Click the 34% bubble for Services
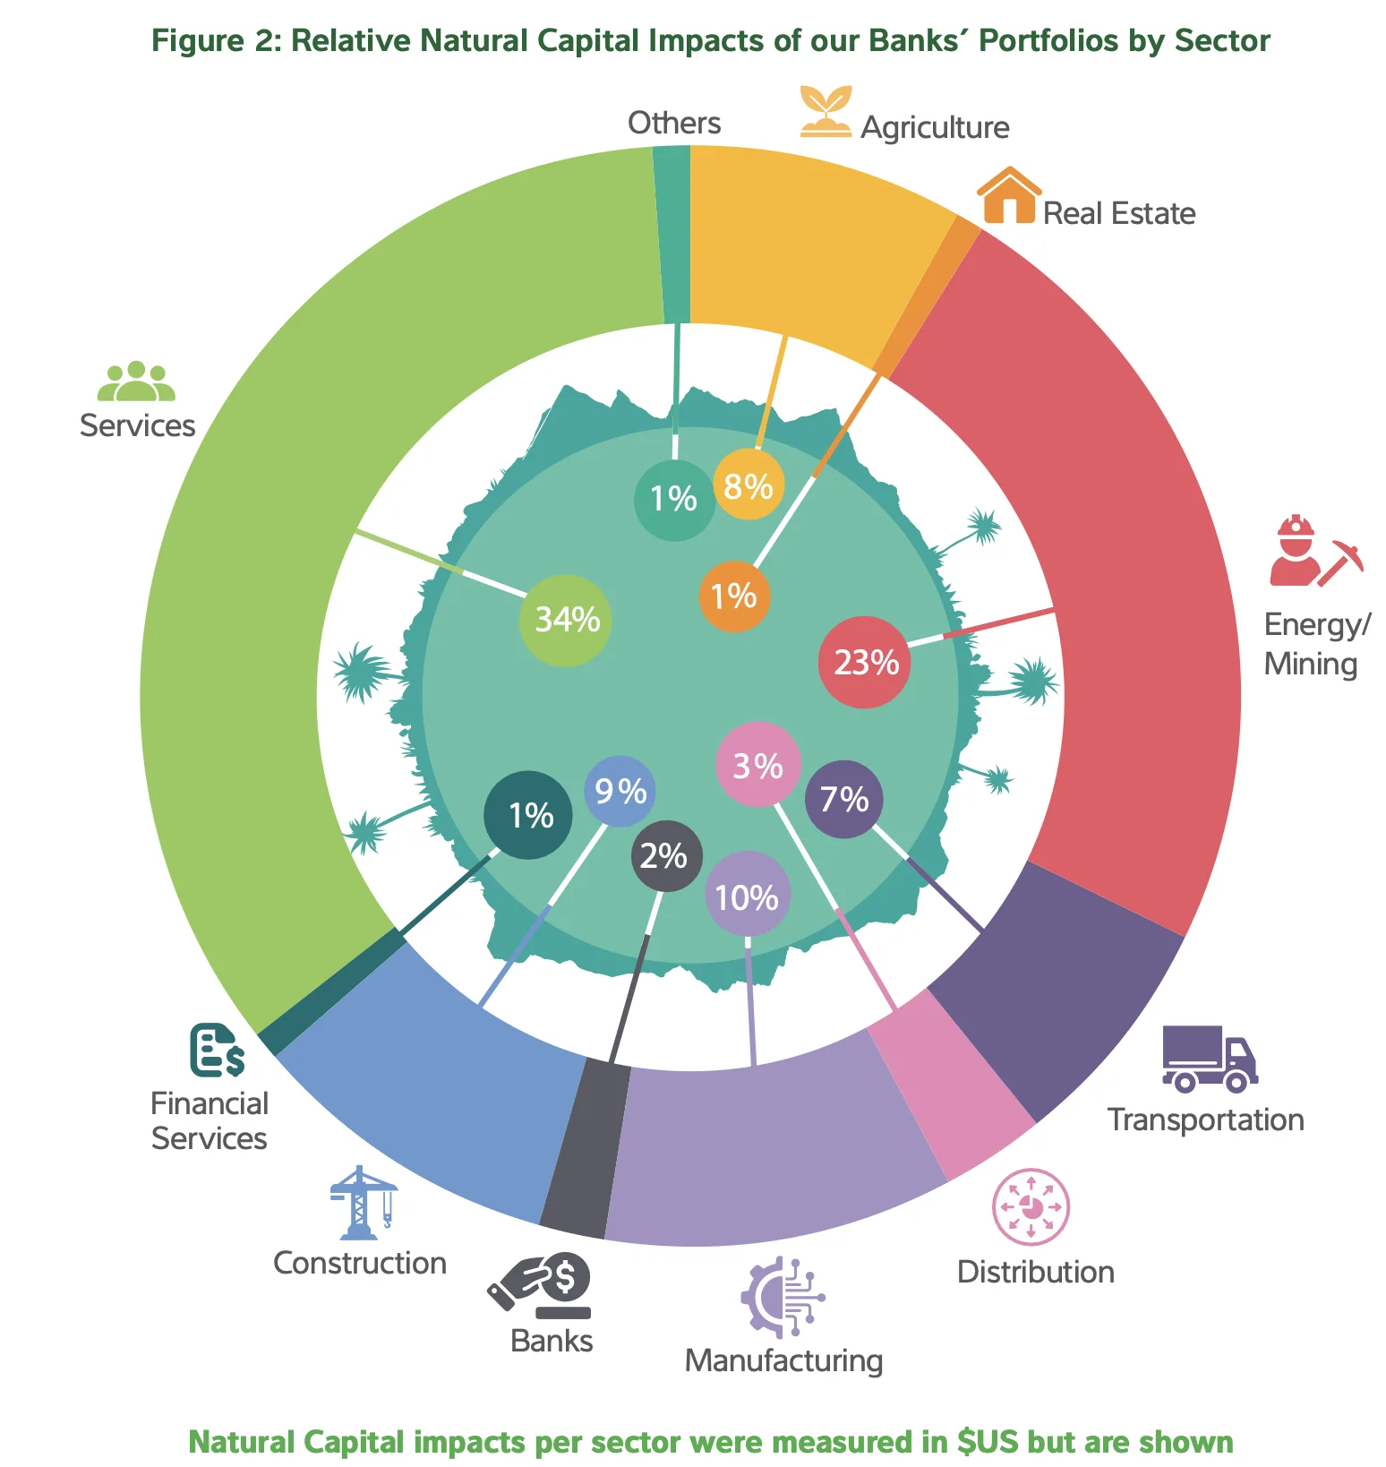(x=566, y=620)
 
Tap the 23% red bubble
(x=865, y=663)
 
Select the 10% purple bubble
(x=748, y=896)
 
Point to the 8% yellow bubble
(x=749, y=486)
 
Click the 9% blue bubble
(x=620, y=791)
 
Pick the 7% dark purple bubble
(x=843, y=799)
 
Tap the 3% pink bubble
(x=757, y=765)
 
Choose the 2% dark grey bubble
(x=665, y=856)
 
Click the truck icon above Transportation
(x=1210, y=1059)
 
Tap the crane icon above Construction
(x=363, y=1202)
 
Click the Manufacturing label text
(x=783, y=1360)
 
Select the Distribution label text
(x=1035, y=1272)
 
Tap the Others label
(x=673, y=123)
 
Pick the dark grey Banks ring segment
(x=582, y=1148)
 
